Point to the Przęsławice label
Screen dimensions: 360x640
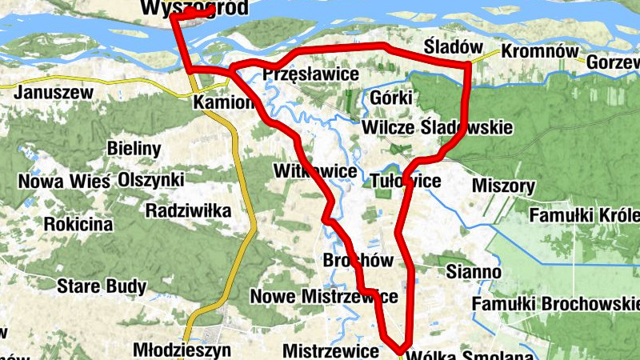point(310,74)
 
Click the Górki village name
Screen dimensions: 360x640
point(391,98)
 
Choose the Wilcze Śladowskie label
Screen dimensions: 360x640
point(437,128)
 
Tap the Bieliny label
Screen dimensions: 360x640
point(134,149)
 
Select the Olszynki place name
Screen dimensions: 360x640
point(150,180)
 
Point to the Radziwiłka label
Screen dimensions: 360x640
point(188,210)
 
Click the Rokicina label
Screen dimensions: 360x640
point(78,224)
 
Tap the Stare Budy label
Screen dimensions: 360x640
point(101,286)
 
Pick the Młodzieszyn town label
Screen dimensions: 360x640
point(182,350)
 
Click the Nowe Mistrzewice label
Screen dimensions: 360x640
point(324,297)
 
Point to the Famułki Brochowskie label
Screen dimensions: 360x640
point(555,304)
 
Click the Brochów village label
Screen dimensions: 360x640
point(358,261)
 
